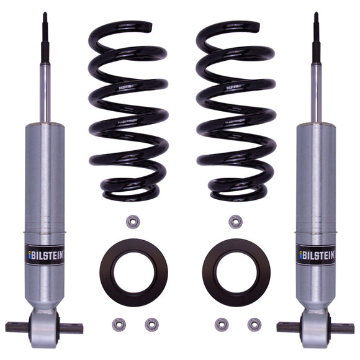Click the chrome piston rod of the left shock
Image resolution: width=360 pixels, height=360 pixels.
[x=45, y=93]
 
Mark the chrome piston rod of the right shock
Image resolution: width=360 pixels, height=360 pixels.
[x=316, y=93]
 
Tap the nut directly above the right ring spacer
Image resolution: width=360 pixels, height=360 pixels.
[x=235, y=221]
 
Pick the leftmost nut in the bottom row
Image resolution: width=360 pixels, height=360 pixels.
[x=117, y=323]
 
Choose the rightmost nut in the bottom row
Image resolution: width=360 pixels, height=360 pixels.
[x=254, y=323]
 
